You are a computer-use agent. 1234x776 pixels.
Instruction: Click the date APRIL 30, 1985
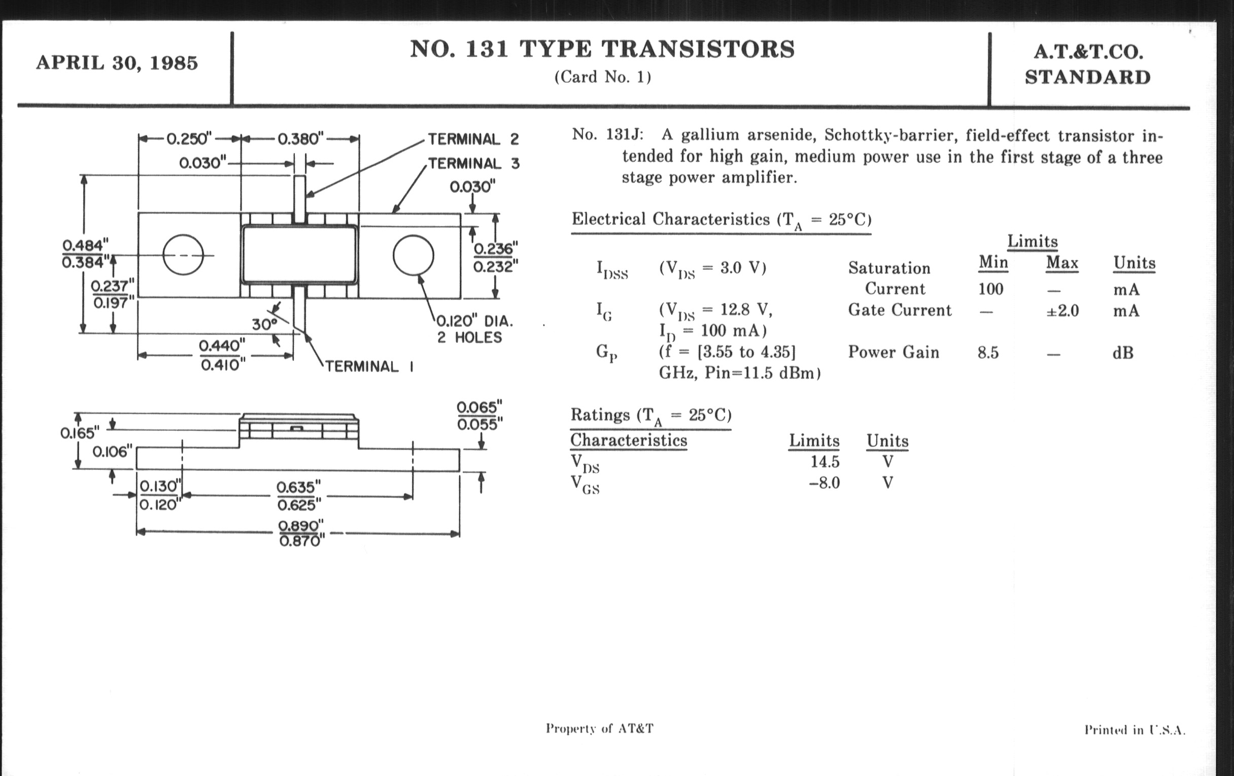click(x=117, y=63)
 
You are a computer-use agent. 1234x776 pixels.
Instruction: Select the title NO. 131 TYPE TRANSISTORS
click(x=602, y=49)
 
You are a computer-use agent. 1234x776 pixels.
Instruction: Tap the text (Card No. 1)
click(x=603, y=77)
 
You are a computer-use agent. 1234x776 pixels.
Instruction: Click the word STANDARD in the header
click(x=1087, y=77)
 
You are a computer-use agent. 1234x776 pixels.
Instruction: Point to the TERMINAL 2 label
click(x=473, y=139)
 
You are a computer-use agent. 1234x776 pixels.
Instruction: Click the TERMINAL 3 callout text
click(x=474, y=163)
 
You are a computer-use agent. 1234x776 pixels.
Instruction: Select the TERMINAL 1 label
click(x=369, y=366)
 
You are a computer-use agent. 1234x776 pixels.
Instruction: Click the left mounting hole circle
click(x=183, y=255)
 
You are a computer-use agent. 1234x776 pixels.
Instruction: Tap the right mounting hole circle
click(x=413, y=255)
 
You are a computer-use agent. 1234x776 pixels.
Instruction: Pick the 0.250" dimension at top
click(x=189, y=139)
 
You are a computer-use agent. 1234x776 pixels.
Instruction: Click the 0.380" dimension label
click(x=301, y=139)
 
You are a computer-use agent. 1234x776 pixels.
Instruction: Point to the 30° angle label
click(x=264, y=324)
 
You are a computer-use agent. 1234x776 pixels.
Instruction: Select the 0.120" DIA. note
click(x=474, y=322)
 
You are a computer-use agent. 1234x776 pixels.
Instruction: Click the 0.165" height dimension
click(x=80, y=433)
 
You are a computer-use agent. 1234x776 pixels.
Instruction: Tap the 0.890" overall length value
click(x=301, y=526)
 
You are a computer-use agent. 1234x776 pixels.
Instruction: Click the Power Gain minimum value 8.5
click(x=988, y=353)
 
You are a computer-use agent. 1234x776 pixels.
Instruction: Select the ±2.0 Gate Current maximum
click(x=1062, y=311)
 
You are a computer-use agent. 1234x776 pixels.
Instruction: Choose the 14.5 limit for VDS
click(x=825, y=462)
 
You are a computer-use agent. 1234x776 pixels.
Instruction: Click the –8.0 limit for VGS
click(x=825, y=483)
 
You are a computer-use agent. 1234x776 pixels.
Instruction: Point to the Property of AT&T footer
click(x=600, y=728)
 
